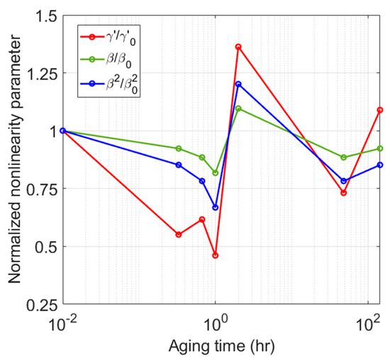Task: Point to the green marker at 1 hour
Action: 215,173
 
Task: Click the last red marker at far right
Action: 380,110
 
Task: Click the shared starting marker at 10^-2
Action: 63,130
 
